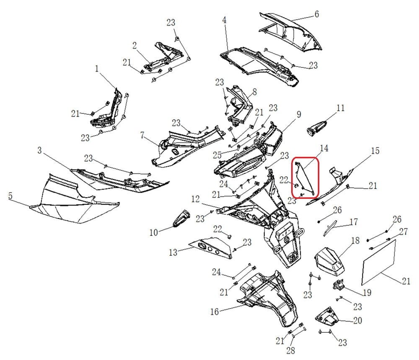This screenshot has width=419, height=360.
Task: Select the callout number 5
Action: [10, 195]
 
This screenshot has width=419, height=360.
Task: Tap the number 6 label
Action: [317, 14]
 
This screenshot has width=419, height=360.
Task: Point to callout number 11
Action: [340, 108]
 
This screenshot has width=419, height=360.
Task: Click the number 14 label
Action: [324, 148]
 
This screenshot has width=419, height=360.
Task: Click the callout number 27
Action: [403, 231]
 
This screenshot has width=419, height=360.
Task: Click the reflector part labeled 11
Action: [317, 127]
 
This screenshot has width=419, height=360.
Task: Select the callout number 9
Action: [299, 114]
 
